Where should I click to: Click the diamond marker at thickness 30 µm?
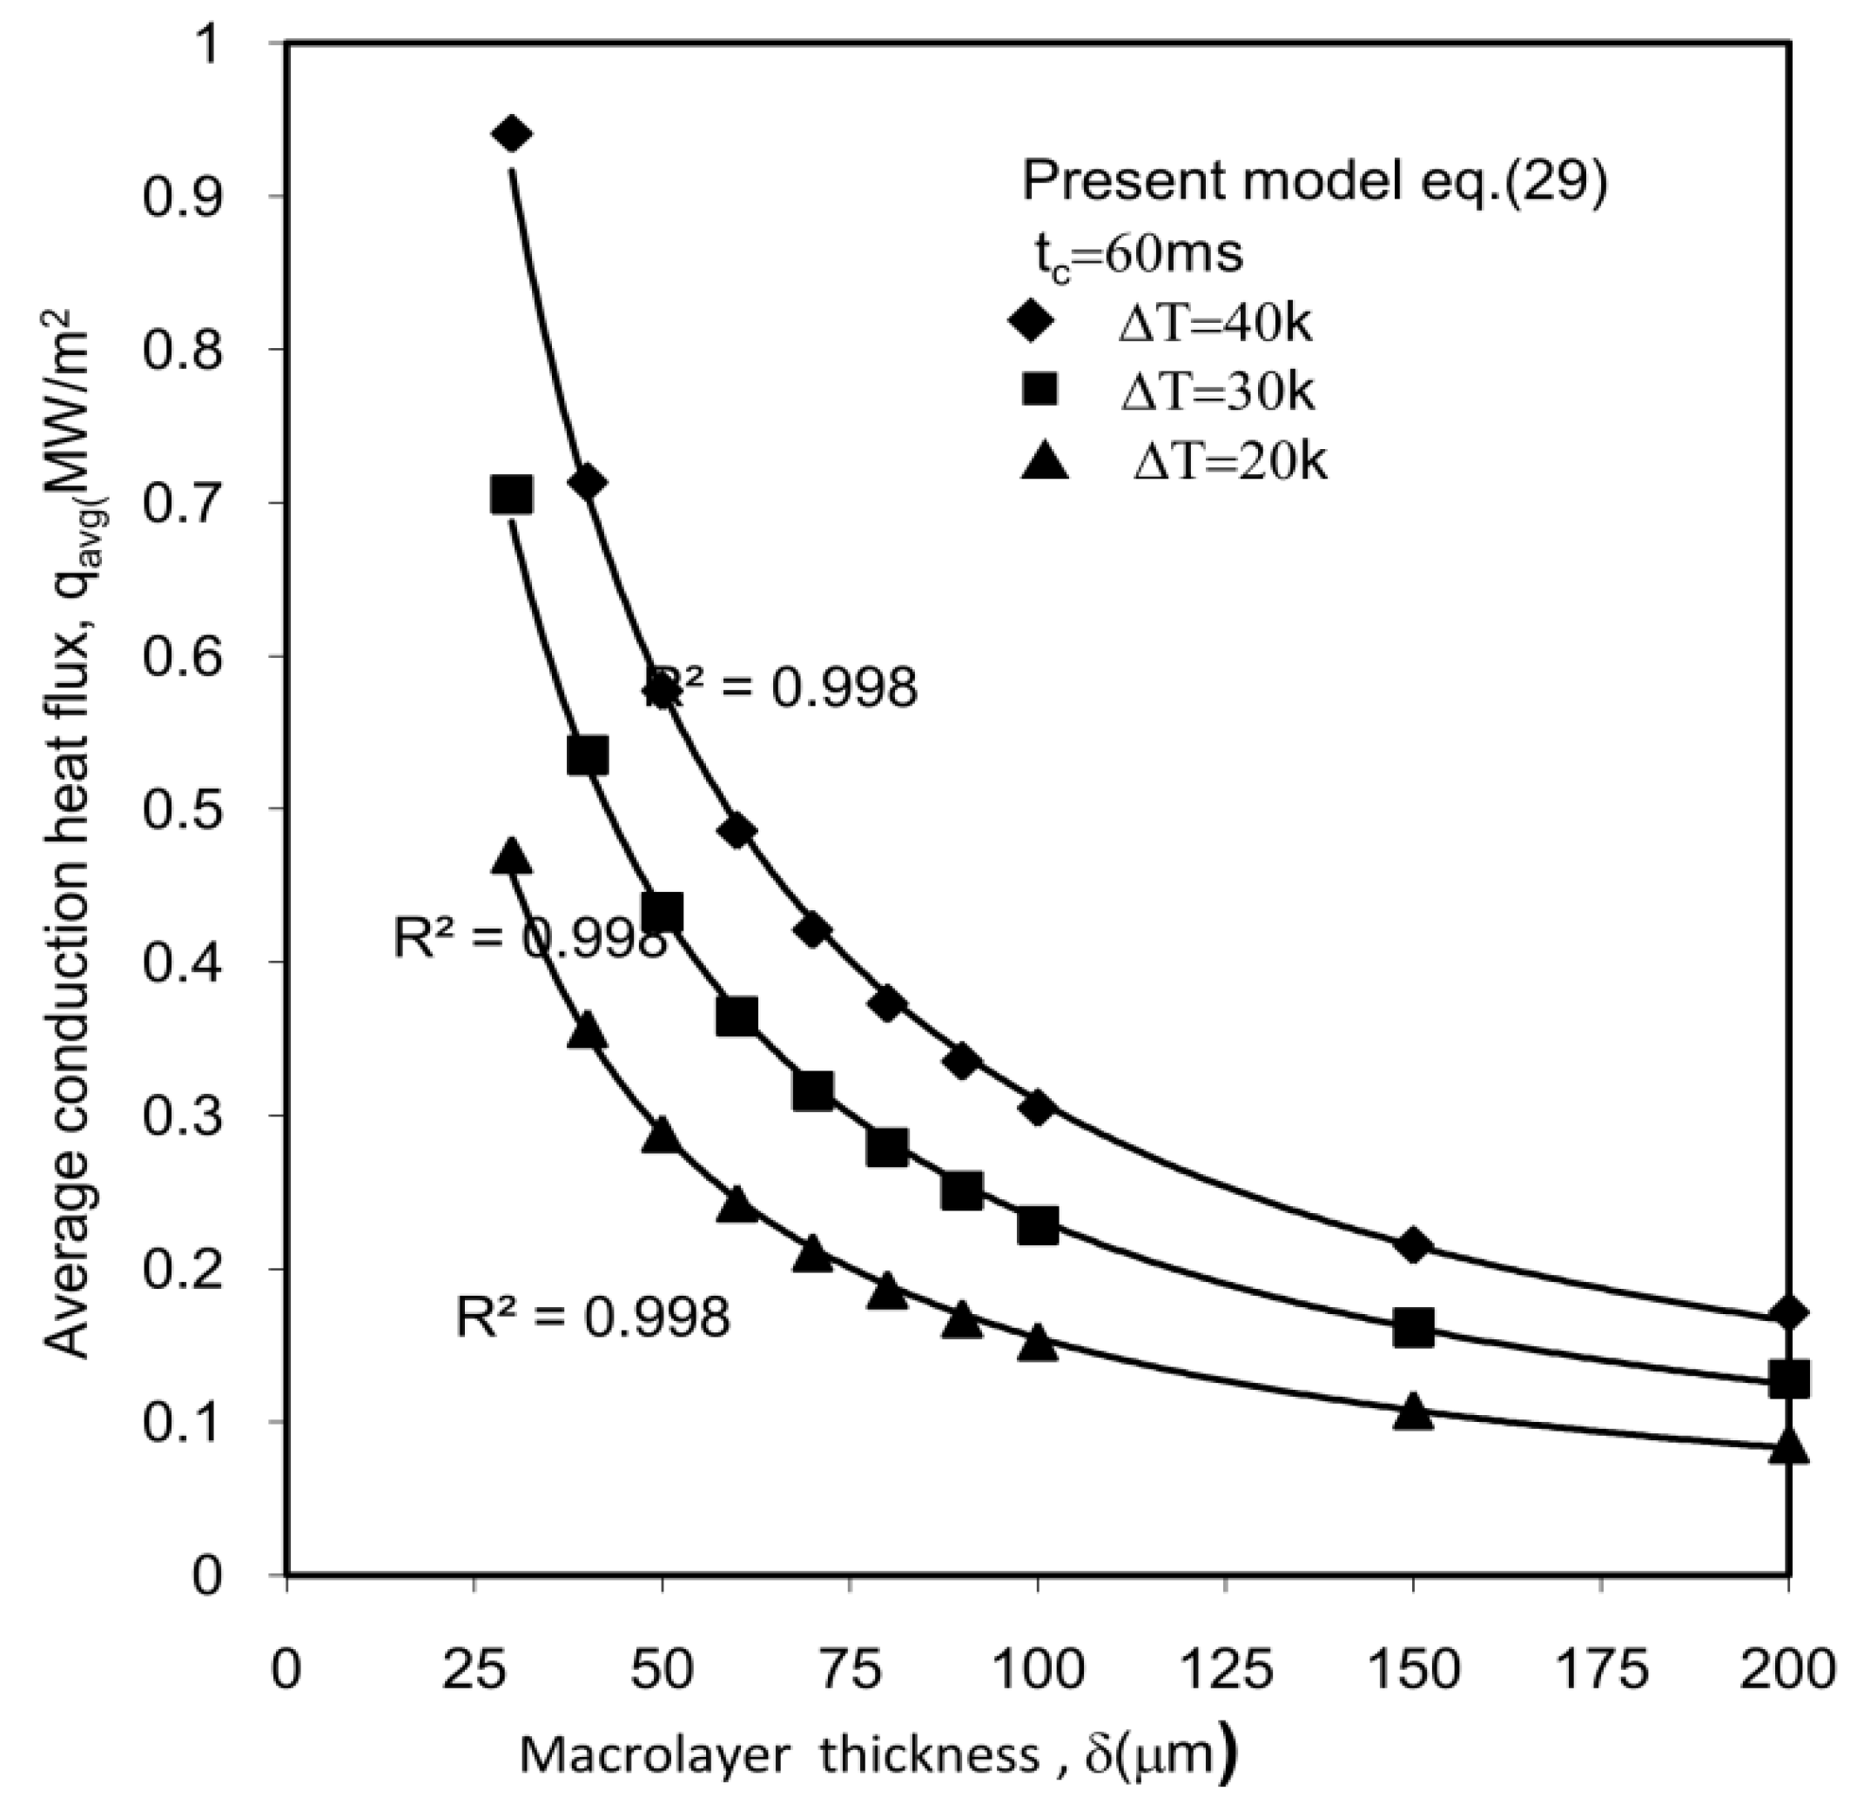click(512, 135)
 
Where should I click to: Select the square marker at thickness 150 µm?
click(1414, 1328)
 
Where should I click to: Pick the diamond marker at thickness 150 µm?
click(1414, 1245)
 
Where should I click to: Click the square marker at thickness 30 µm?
click(512, 495)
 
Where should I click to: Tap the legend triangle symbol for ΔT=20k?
click(1045, 463)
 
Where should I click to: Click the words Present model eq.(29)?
click(1314, 182)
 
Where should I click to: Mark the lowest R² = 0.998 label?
click(593, 1318)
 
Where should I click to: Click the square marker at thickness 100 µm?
click(1038, 1226)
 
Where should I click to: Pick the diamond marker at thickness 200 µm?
click(1788, 1313)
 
